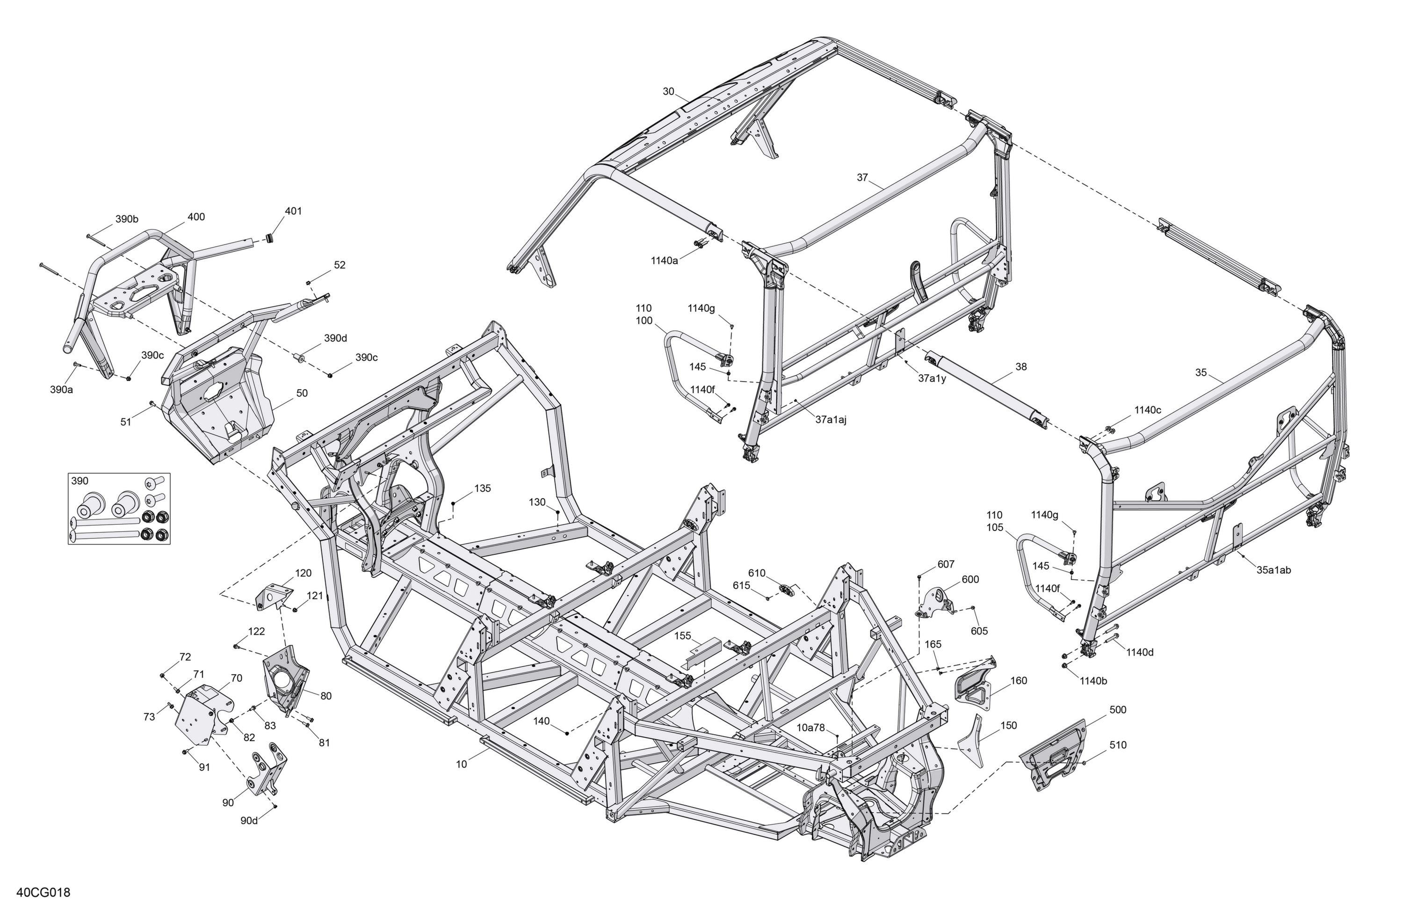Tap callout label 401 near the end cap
pos(293,211)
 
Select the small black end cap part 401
pos(271,238)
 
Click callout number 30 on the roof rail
pos(668,91)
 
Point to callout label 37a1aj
pos(831,420)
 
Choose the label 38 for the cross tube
pos(1021,367)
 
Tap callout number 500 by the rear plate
pos(1118,709)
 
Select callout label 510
pos(1118,745)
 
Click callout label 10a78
pos(811,728)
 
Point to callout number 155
pos(683,636)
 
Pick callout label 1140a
pos(665,260)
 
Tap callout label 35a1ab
pos(1274,570)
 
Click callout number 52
pos(340,265)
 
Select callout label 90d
pos(249,820)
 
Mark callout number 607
pos(946,564)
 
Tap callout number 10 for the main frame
pos(461,764)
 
